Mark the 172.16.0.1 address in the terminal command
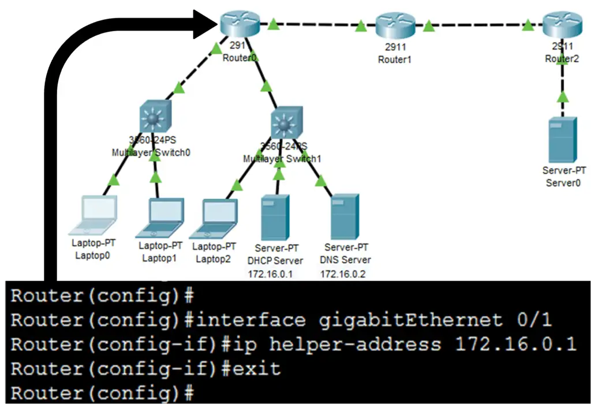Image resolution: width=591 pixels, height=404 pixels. [x=516, y=345]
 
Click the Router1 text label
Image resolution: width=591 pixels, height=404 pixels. [x=395, y=59]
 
